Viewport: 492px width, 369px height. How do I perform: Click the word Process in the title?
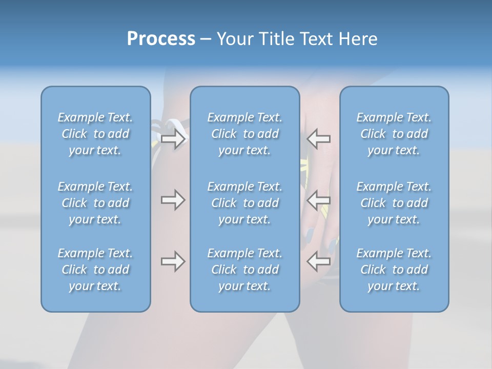[x=161, y=39]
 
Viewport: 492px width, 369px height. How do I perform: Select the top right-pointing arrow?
[x=173, y=138]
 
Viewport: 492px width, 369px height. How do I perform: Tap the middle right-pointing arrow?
[x=173, y=200]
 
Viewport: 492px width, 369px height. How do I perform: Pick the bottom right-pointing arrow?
[x=173, y=261]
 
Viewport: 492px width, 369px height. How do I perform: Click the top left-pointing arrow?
[x=319, y=138]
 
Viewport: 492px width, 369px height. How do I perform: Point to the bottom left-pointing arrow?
[x=319, y=261]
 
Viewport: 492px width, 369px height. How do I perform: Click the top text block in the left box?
[x=95, y=134]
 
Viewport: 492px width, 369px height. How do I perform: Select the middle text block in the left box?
[x=95, y=203]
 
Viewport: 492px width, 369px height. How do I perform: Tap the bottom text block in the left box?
[x=95, y=270]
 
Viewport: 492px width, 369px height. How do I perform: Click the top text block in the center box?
[x=245, y=134]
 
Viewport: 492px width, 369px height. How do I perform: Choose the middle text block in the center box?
[x=245, y=203]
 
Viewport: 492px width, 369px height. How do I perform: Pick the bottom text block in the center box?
[x=245, y=270]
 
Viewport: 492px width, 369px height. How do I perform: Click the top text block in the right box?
[x=394, y=134]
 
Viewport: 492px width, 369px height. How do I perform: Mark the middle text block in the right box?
[x=394, y=203]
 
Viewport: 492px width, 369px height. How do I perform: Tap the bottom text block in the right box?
[x=394, y=270]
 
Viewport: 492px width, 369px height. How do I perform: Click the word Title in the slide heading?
[x=277, y=39]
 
